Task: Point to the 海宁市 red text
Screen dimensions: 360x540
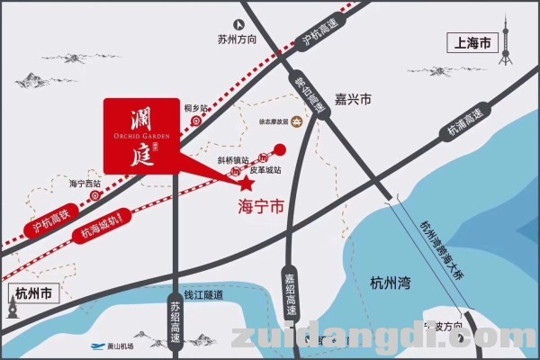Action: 260,206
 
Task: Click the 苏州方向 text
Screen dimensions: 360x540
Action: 237,40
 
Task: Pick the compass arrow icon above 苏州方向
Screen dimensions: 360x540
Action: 238,24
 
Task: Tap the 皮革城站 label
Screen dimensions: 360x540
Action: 265,169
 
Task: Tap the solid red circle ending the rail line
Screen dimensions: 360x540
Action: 280,149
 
